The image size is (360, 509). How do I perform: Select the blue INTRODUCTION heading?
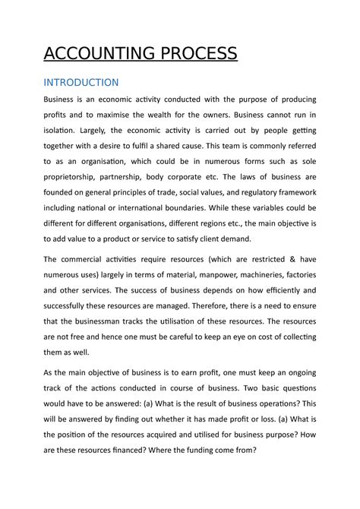tap(81, 82)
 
